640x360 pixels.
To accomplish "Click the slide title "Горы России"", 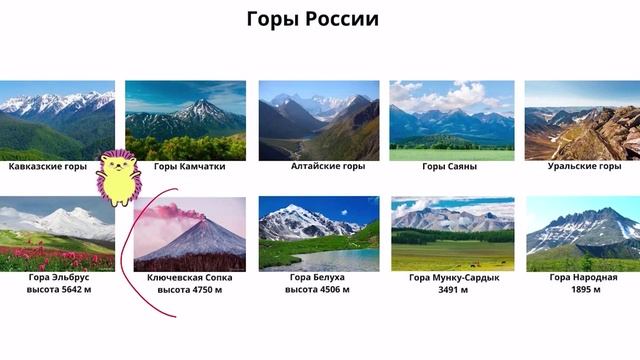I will [x=313, y=20].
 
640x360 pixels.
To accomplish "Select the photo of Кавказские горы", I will [x=57, y=120].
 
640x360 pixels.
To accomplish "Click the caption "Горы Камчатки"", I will [x=189, y=166].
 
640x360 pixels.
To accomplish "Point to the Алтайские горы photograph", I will [x=319, y=120].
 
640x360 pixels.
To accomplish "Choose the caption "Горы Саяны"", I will [x=449, y=166].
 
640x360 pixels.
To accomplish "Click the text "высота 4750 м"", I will [x=189, y=290].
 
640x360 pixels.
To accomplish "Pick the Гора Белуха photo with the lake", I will [x=319, y=233].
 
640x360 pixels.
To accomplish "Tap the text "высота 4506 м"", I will [x=319, y=290].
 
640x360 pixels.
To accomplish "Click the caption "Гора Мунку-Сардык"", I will [x=454, y=277].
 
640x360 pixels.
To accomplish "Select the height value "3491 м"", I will [x=454, y=290].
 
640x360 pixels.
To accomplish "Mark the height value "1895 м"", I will [x=582, y=290].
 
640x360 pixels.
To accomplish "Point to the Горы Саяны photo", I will [x=452, y=120].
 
